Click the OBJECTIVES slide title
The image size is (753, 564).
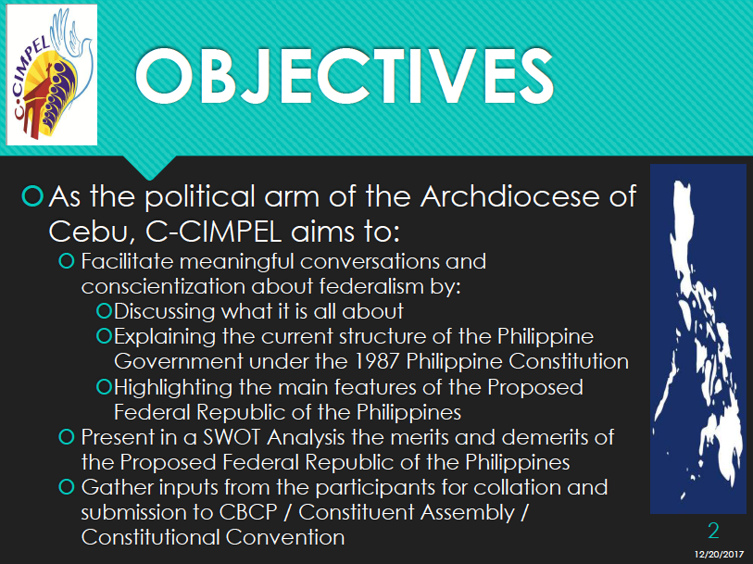[x=345, y=75]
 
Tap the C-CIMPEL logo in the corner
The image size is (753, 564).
[x=52, y=75]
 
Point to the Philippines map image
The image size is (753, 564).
[x=698, y=339]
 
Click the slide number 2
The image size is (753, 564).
[x=713, y=531]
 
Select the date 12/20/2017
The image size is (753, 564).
[x=719, y=555]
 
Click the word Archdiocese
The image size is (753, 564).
[x=510, y=196]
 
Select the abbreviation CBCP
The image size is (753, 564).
[x=248, y=512]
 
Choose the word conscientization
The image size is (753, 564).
[x=163, y=286]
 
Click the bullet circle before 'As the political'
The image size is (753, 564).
[x=32, y=195]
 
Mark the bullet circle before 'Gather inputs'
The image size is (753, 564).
[x=67, y=487]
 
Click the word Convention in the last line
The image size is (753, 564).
[x=285, y=537]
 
